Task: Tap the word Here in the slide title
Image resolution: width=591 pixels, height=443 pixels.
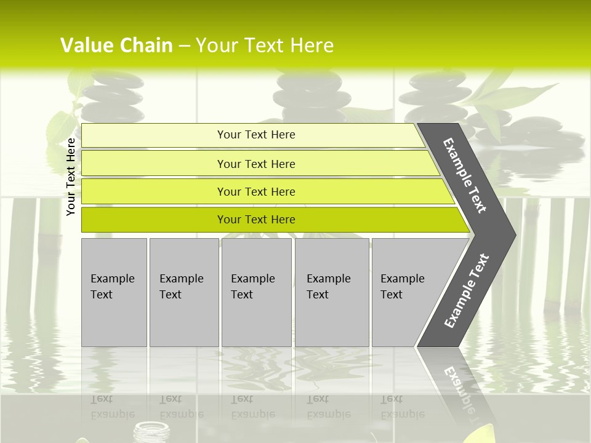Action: [312, 46]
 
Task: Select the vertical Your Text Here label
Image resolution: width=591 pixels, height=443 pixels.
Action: [71, 177]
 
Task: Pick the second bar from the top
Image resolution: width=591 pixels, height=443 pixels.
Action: [255, 164]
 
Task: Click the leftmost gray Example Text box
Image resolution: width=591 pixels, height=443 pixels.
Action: [114, 292]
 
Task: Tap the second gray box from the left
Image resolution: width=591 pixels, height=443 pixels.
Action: [183, 292]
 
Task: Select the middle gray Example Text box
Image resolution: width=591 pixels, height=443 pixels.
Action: [256, 292]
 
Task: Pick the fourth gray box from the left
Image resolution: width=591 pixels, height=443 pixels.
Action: [332, 292]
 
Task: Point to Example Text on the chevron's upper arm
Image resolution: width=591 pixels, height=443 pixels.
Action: [465, 175]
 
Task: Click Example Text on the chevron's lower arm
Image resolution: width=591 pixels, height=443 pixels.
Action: [467, 291]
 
